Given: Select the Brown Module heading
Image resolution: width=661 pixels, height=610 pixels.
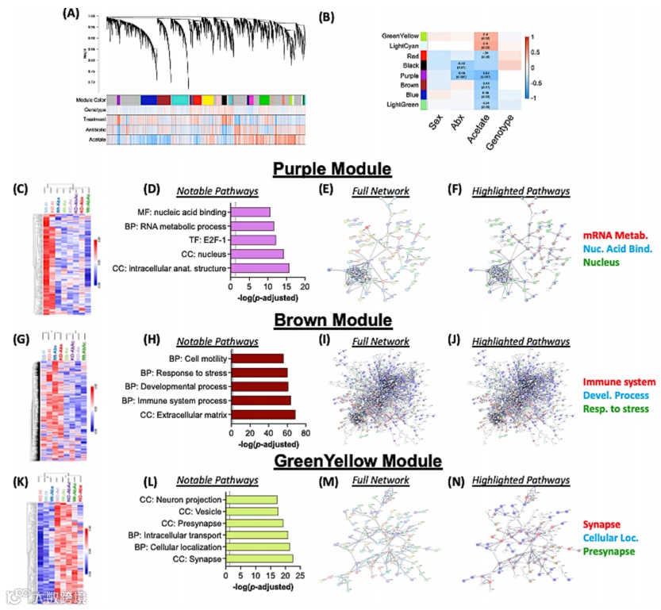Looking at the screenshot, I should point(330,320).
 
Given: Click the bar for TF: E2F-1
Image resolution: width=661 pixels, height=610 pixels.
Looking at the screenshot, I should point(253,240).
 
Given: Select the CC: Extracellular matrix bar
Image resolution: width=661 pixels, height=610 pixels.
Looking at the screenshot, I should point(263,414).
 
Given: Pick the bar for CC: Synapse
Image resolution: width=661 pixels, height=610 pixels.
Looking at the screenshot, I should point(259,559).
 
